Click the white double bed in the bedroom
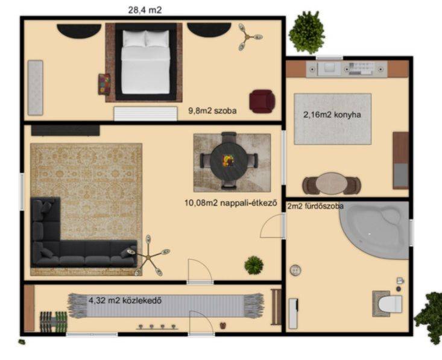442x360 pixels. (146, 62)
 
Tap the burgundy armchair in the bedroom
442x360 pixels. (262, 101)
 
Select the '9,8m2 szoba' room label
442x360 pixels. (212, 111)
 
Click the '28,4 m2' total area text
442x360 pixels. (145, 10)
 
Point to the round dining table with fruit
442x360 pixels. (229, 161)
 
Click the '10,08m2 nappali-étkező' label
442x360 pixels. (231, 203)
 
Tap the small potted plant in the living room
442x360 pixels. (254, 265)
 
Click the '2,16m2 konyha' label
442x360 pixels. (332, 115)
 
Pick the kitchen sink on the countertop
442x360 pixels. (329, 69)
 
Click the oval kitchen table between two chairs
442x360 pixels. (332, 184)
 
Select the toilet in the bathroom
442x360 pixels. (390, 304)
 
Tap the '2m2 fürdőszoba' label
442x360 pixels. (315, 206)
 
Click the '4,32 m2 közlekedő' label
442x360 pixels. (125, 300)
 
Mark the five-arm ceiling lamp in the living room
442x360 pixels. (148, 256)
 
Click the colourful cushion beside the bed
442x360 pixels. (104, 84)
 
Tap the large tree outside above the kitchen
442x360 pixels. (307, 32)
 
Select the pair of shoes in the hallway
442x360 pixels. (223, 326)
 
